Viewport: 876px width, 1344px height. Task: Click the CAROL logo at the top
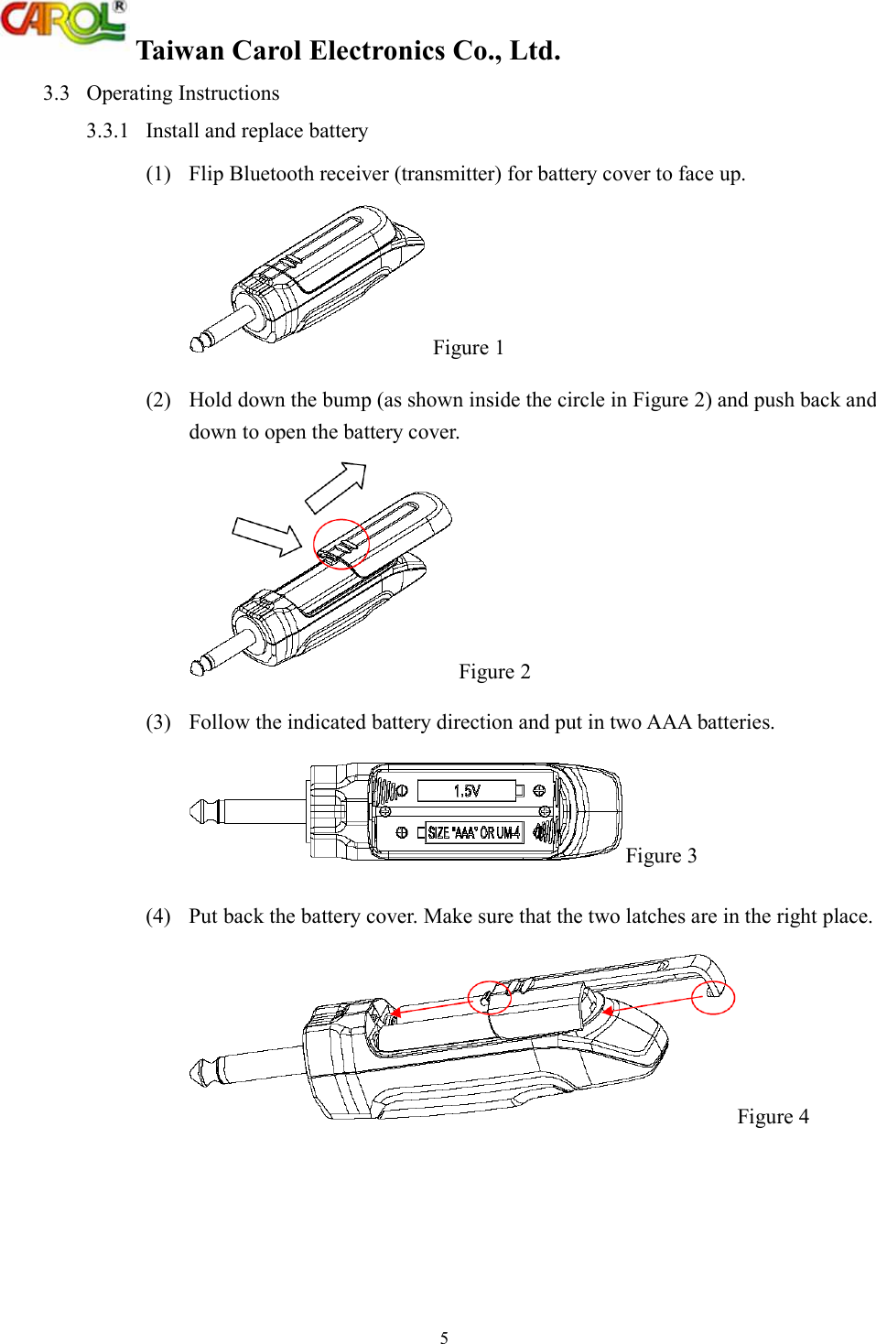pyautogui.click(x=62, y=22)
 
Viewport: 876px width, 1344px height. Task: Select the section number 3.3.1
pyautogui.click(x=107, y=131)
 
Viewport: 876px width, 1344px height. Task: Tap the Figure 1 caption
pyautogui.click(x=468, y=348)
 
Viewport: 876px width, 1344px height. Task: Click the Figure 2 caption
pyautogui.click(x=494, y=672)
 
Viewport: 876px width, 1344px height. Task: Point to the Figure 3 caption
pyautogui.click(x=661, y=856)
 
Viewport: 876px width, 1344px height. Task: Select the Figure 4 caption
pyautogui.click(x=773, y=1117)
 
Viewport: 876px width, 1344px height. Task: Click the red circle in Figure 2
pyautogui.click(x=341, y=545)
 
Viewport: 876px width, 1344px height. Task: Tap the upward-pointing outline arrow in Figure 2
pyautogui.click(x=337, y=486)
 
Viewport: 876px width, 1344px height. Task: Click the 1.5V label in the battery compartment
pyautogui.click(x=467, y=791)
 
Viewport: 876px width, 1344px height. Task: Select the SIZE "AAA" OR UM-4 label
pyautogui.click(x=473, y=833)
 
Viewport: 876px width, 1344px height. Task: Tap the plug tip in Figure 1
pyautogui.click(x=197, y=344)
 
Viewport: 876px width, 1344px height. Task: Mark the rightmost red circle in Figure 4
pyautogui.click(x=713, y=997)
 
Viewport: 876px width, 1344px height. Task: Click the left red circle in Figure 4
pyautogui.click(x=489, y=998)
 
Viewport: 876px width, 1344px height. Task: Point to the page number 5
pyautogui.click(x=444, y=1338)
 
